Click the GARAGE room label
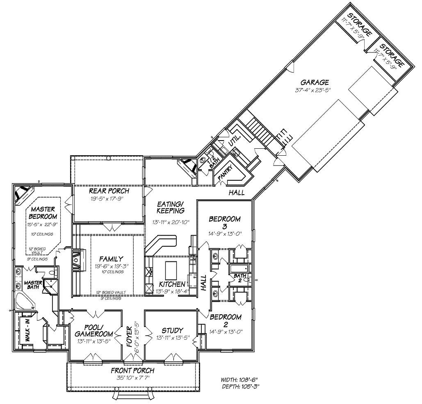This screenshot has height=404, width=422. (314, 82)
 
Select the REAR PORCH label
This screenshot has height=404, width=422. (109, 191)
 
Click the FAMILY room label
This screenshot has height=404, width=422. (111, 259)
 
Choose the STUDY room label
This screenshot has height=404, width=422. (172, 331)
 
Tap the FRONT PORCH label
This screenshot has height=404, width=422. (133, 371)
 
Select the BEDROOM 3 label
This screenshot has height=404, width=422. (225, 222)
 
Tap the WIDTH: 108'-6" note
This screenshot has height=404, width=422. (240, 379)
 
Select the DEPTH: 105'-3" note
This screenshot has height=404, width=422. (241, 386)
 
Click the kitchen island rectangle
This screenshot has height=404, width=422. (169, 270)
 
